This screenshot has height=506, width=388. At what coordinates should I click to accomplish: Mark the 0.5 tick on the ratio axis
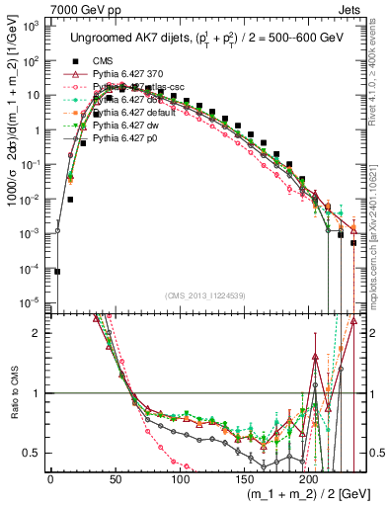tap(37, 454)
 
